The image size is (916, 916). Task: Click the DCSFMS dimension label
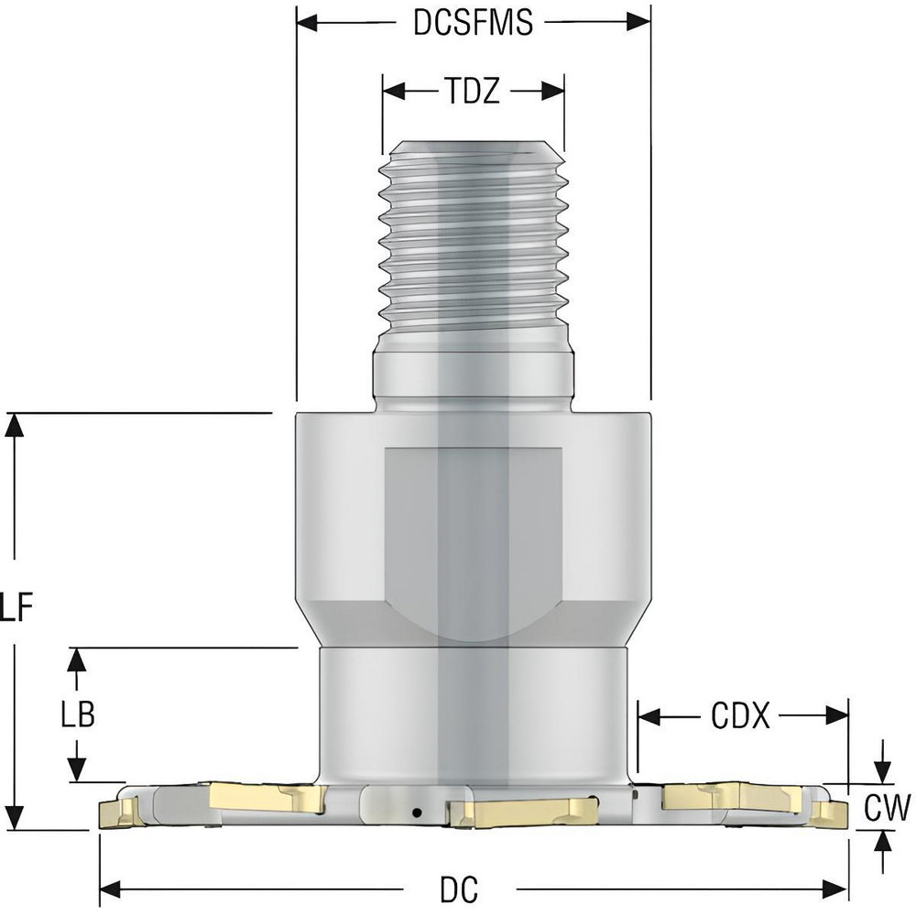coord(473,22)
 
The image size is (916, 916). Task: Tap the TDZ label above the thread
coord(472,92)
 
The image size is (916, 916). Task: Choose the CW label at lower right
coord(886,807)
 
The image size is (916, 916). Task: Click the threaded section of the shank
coord(472,247)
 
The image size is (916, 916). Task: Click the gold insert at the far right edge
coord(830,812)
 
